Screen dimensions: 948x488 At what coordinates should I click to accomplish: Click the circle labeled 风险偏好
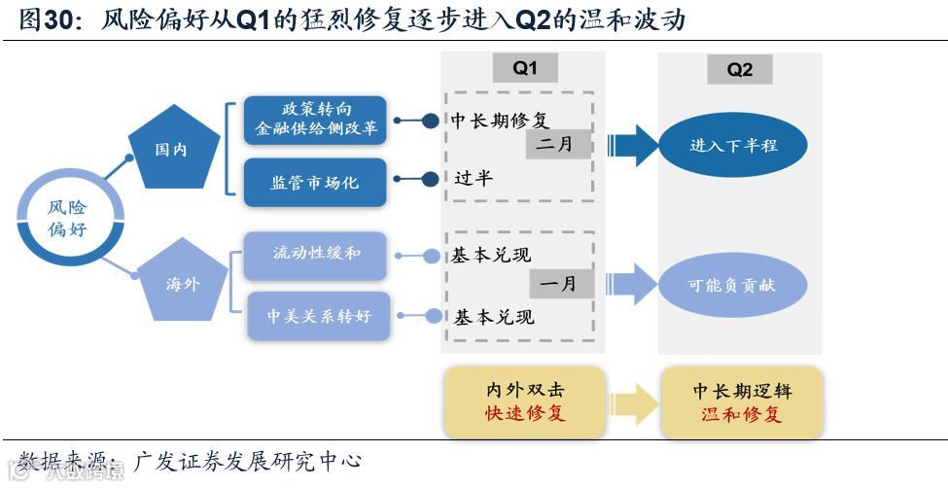tap(67, 218)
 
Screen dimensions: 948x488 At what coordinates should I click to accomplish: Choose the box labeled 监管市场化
tap(315, 182)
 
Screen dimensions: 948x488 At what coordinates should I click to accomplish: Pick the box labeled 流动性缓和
tap(316, 254)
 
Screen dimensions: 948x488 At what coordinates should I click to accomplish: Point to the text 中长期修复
tap(500, 121)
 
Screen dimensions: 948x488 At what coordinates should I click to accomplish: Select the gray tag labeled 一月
tap(561, 284)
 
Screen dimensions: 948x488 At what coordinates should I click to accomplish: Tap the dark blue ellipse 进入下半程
tap(734, 146)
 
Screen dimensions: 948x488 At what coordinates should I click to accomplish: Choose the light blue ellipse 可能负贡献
tap(732, 286)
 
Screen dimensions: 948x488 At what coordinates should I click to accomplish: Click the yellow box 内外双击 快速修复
tap(524, 401)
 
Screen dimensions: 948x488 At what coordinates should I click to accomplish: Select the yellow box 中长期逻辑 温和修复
tap(742, 401)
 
